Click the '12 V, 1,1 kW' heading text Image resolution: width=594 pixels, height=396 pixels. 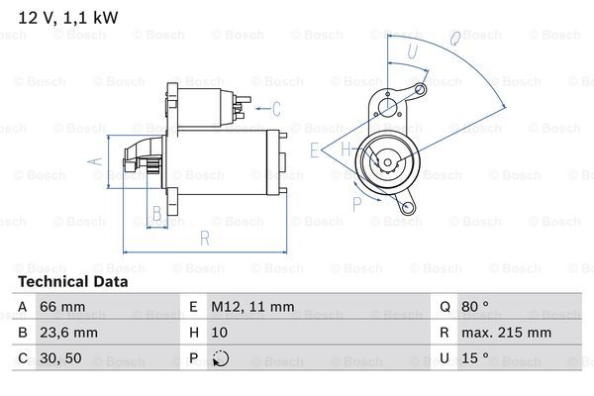(68, 18)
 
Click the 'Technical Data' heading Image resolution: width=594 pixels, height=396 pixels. (73, 281)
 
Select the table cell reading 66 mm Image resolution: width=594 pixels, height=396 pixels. (62, 306)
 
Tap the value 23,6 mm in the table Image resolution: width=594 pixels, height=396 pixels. (68, 333)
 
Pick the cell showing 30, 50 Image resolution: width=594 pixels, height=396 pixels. (60, 358)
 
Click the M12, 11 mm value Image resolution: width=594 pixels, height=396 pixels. (252, 306)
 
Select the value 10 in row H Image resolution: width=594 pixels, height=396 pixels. (220, 333)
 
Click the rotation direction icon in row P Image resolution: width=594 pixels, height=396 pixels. (220, 358)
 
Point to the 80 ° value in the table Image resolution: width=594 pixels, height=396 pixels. (475, 306)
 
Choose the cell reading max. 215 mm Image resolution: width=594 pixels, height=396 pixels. (506, 333)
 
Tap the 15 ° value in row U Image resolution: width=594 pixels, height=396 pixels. (475, 358)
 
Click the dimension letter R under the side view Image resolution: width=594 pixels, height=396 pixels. (205, 238)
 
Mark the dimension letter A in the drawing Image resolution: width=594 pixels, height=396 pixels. (95, 161)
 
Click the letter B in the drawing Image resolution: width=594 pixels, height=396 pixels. (156, 214)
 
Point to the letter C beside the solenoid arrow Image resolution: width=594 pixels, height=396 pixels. (276, 109)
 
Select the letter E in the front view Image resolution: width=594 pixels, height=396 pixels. (314, 150)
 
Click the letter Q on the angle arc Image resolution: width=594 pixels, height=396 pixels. (455, 38)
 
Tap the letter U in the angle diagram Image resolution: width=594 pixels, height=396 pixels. (412, 51)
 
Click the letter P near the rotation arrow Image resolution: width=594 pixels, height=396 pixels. (356, 205)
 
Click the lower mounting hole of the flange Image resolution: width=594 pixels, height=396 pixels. (407, 207)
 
